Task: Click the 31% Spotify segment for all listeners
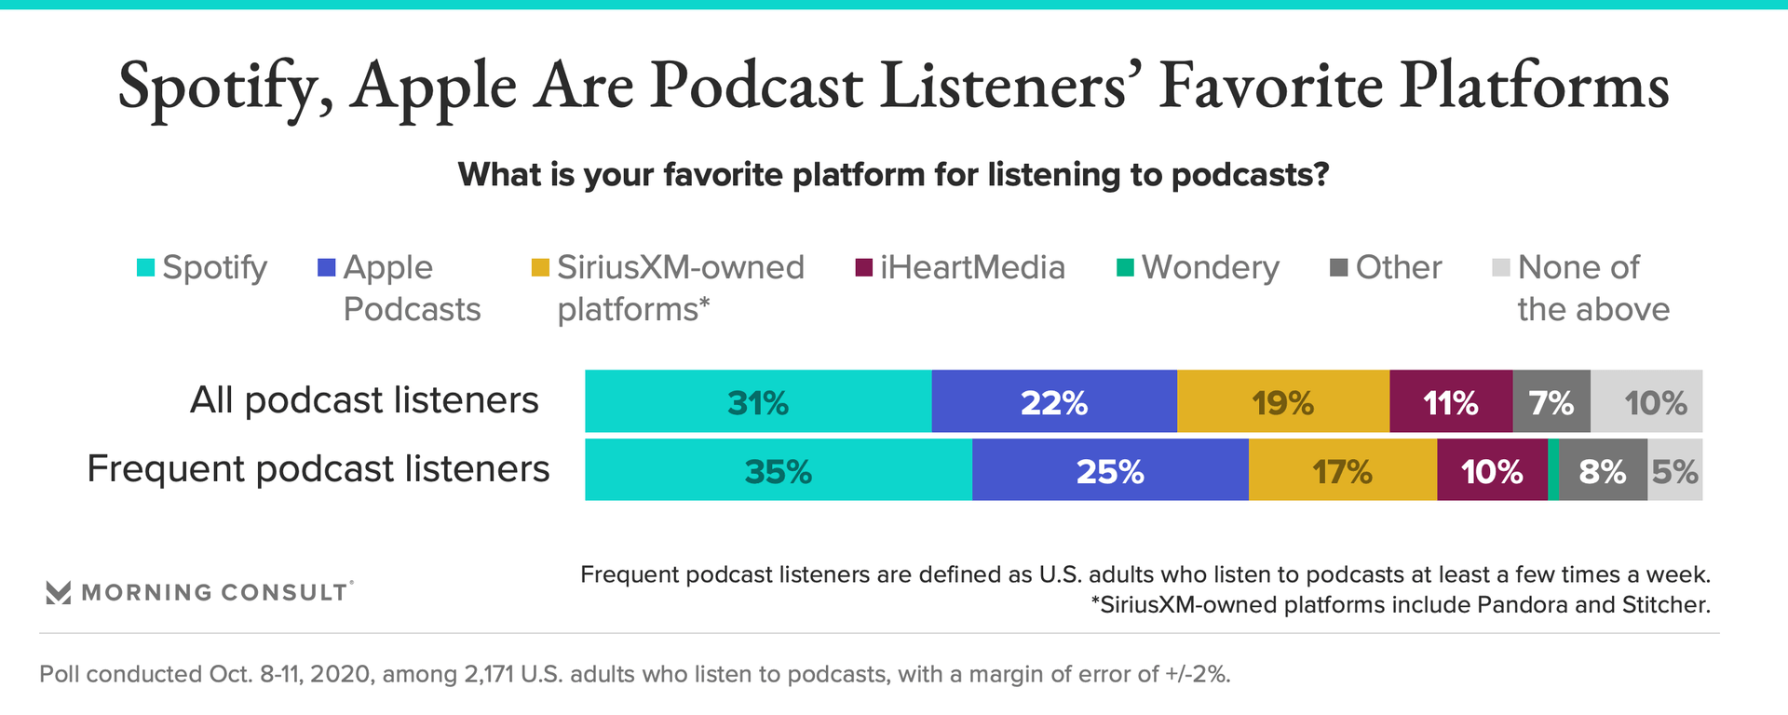point(758,401)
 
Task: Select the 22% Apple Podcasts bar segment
point(1054,401)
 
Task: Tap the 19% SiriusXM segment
point(1283,401)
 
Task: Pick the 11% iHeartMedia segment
point(1451,401)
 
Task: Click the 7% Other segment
point(1551,401)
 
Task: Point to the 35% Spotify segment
point(779,470)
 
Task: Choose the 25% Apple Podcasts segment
point(1110,470)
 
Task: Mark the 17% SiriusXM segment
point(1343,470)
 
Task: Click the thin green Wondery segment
point(1553,470)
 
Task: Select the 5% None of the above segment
point(1675,470)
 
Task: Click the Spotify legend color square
point(145,268)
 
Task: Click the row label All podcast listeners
point(364,400)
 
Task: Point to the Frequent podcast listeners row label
point(318,469)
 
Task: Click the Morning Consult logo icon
point(58,593)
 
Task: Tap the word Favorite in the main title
point(1272,86)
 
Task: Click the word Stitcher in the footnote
point(1666,605)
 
